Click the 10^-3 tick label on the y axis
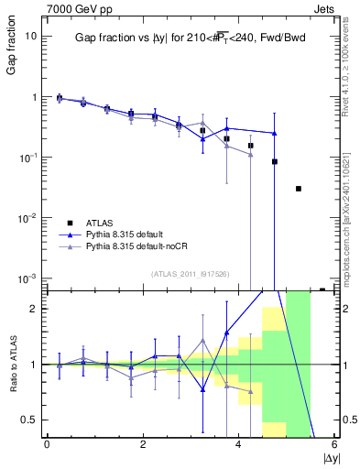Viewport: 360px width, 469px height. (x=29, y=278)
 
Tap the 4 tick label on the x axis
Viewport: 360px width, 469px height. (x=238, y=444)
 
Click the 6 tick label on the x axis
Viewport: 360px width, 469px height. (x=334, y=444)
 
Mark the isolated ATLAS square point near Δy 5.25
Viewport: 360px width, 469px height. (x=299, y=189)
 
